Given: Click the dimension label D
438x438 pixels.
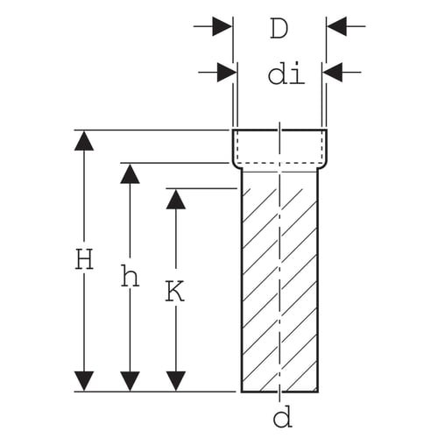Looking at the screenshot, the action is point(279,28).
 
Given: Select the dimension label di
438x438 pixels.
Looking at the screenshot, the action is point(286,73).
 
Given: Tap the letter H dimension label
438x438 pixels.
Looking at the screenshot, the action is point(84,258).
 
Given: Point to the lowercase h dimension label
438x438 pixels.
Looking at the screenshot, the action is point(130,275).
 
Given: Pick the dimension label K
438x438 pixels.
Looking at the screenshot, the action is point(175,291).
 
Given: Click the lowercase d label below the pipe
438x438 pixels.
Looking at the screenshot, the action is point(282,416).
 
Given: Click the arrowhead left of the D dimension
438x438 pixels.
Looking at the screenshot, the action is point(223,26).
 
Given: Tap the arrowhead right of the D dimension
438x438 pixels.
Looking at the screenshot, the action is point(336,26).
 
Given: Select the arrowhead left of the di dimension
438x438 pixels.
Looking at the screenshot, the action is point(227,72).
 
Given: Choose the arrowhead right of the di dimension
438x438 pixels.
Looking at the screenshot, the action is point(332,72).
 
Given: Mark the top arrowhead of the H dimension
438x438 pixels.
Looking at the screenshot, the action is point(84,141).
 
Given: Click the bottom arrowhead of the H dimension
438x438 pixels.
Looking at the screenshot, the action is point(84,381).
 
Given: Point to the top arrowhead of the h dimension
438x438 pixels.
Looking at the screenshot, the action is point(130,173).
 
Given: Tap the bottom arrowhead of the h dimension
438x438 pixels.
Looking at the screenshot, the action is point(130,381).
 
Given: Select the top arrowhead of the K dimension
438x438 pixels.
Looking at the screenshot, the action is point(176,199).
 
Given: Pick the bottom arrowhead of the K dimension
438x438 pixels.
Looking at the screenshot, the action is point(176,381).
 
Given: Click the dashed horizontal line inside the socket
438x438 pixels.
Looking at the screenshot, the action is point(279,163).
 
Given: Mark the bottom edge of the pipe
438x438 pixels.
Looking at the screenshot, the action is point(279,392).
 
